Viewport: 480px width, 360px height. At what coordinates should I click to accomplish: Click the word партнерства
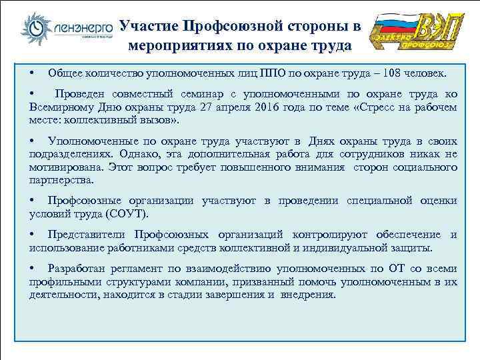click(x=62, y=180)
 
